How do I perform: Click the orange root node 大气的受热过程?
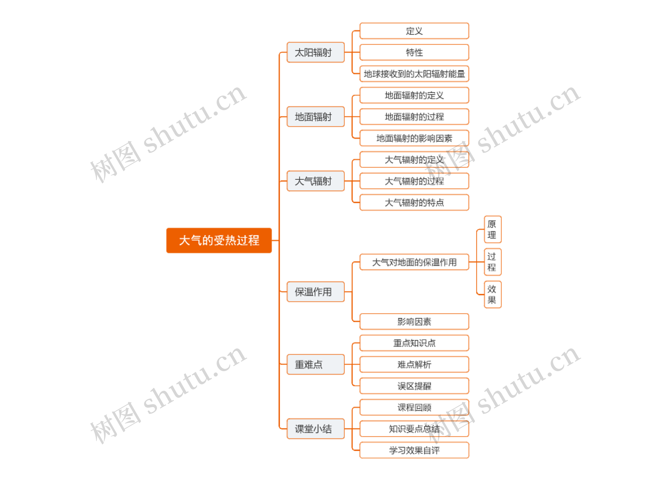pyautogui.click(x=219, y=240)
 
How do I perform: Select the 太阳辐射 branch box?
pyautogui.click(x=315, y=52)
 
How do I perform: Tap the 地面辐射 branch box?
pyautogui.click(x=315, y=117)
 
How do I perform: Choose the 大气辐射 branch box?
pyautogui.click(x=315, y=181)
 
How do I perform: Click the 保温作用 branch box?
pyautogui.click(x=315, y=292)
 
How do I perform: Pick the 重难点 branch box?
pyautogui.click(x=315, y=364)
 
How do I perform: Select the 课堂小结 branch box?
pyautogui.click(x=315, y=429)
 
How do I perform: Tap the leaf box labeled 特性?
pyautogui.click(x=414, y=52)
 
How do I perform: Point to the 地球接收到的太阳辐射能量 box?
pyautogui.click(x=414, y=74)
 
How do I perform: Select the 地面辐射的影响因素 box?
pyautogui.click(x=414, y=138)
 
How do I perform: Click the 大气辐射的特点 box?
pyautogui.click(x=414, y=202)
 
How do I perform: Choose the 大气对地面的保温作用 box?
pyautogui.click(x=414, y=262)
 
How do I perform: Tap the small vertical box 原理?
pyautogui.click(x=492, y=229)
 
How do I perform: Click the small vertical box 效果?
pyautogui.click(x=492, y=294)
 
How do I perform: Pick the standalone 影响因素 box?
pyautogui.click(x=414, y=321)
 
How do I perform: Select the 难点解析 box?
pyautogui.click(x=414, y=364)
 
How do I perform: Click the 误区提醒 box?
pyautogui.click(x=414, y=386)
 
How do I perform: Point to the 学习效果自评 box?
pyautogui.click(x=414, y=450)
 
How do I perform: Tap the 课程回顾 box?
pyautogui.click(x=414, y=407)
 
